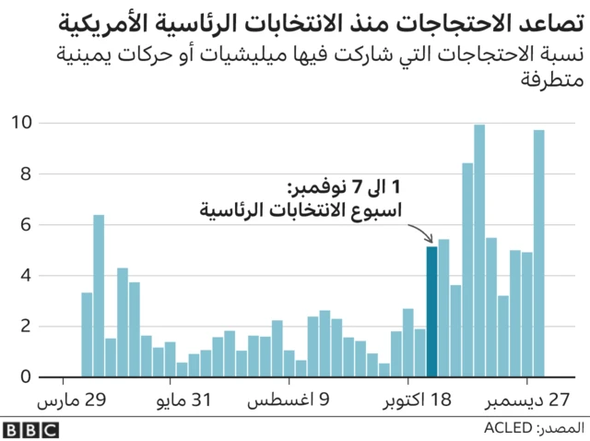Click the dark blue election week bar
tap(431, 312)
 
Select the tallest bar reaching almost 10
tap(479, 251)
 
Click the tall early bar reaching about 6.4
tap(99, 295)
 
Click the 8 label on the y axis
tap(28, 173)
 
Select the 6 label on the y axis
tap(28, 224)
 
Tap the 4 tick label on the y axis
tap(28, 275)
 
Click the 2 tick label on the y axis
tap(28, 326)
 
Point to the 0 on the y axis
tap(28, 376)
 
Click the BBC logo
tap(30, 429)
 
